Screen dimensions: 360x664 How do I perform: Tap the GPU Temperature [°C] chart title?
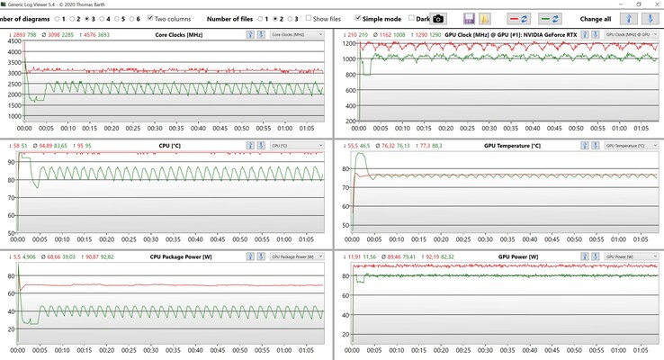[x=512, y=145]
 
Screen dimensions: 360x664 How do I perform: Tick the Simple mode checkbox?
[x=357, y=18]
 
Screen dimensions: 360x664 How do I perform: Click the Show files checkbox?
[x=310, y=18]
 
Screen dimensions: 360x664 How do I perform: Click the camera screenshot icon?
[x=438, y=18]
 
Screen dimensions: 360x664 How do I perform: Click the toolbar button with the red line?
[x=519, y=18]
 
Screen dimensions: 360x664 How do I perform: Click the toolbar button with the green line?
[x=550, y=18]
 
